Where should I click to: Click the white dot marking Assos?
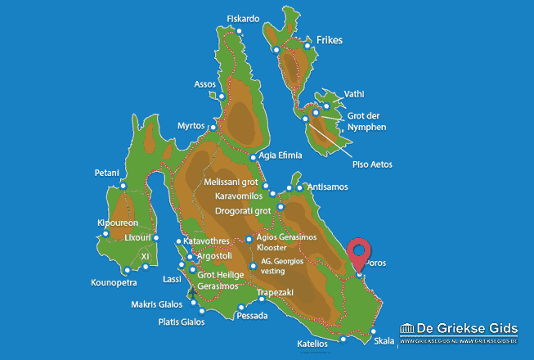[x=220, y=96]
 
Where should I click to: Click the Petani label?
[x=107, y=173]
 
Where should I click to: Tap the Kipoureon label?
[x=117, y=223]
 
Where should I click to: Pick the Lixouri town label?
[x=136, y=237]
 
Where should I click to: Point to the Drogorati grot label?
[x=242, y=211]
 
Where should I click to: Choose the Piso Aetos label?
[x=372, y=164]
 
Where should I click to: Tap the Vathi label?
[x=354, y=94]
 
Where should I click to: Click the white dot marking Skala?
[x=373, y=332]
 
